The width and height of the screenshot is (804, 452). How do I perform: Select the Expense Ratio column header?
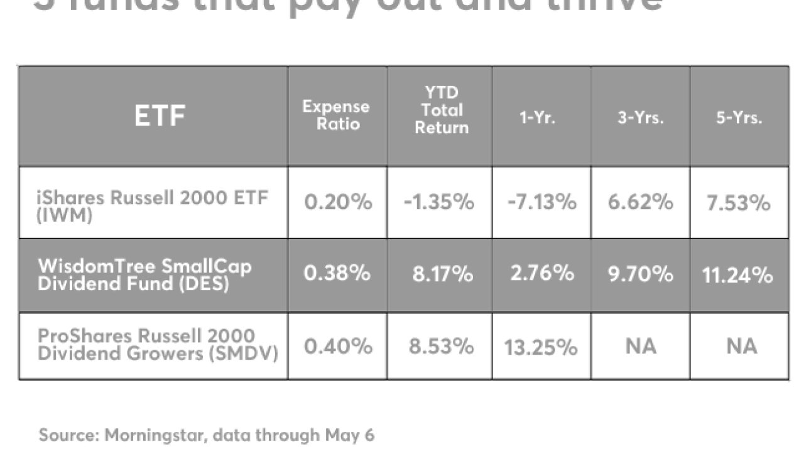click(336, 116)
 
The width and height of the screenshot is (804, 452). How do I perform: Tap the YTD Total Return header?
click(442, 111)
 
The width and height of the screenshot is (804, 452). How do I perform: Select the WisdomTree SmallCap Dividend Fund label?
click(145, 274)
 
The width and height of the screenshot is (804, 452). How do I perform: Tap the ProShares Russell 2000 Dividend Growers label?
click(158, 345)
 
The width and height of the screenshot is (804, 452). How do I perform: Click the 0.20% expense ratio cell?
click(338, 203)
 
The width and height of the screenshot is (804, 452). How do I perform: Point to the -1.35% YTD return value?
click(439, 203)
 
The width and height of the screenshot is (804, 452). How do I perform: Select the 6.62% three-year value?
click(641, 203)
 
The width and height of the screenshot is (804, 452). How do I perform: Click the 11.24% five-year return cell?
click(737, 275)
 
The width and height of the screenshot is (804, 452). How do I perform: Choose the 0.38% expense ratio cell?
click(337, 274)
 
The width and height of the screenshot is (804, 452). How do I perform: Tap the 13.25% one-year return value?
click(540, 347)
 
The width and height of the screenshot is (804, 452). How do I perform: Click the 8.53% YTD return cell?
click(441, 347)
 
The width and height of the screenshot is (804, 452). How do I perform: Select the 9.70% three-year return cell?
click(641, 274)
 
